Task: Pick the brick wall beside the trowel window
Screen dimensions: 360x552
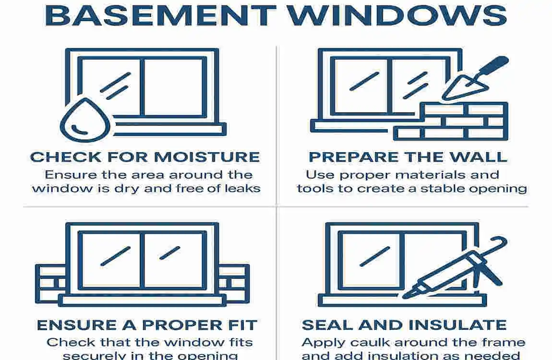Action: click(451, 120)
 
